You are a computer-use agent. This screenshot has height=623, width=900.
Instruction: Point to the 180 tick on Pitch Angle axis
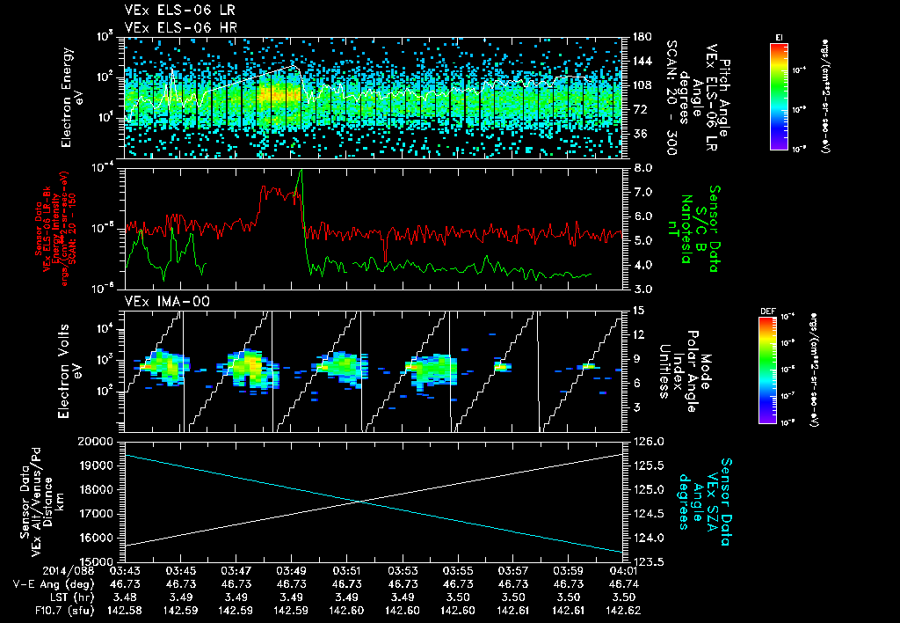pos(640,37)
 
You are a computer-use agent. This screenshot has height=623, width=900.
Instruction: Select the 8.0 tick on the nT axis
pos(641,167)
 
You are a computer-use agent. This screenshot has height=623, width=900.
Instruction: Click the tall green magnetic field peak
pos(301,174)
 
